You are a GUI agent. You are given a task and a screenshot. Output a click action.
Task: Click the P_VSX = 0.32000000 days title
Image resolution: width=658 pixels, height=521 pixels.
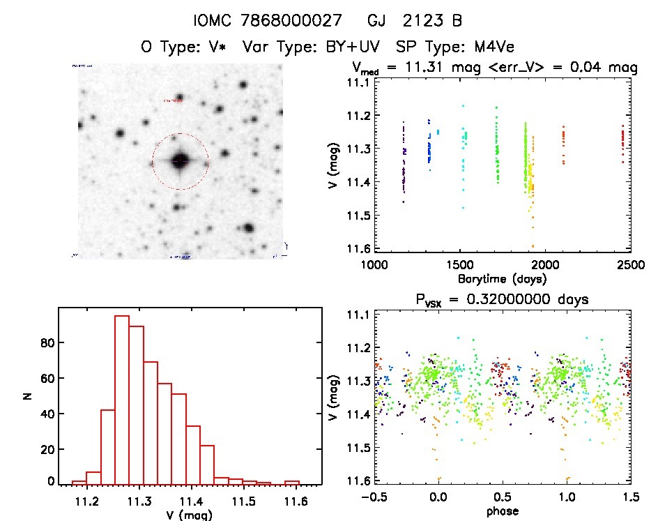[502, 299]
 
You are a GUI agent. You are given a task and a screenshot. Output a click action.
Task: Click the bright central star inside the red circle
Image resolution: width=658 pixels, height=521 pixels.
[180, 160]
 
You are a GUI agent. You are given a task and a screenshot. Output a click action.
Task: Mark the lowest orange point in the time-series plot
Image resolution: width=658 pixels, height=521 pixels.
[533, 246]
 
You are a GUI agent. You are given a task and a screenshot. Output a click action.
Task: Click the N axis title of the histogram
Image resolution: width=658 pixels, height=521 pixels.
[28, 397]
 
